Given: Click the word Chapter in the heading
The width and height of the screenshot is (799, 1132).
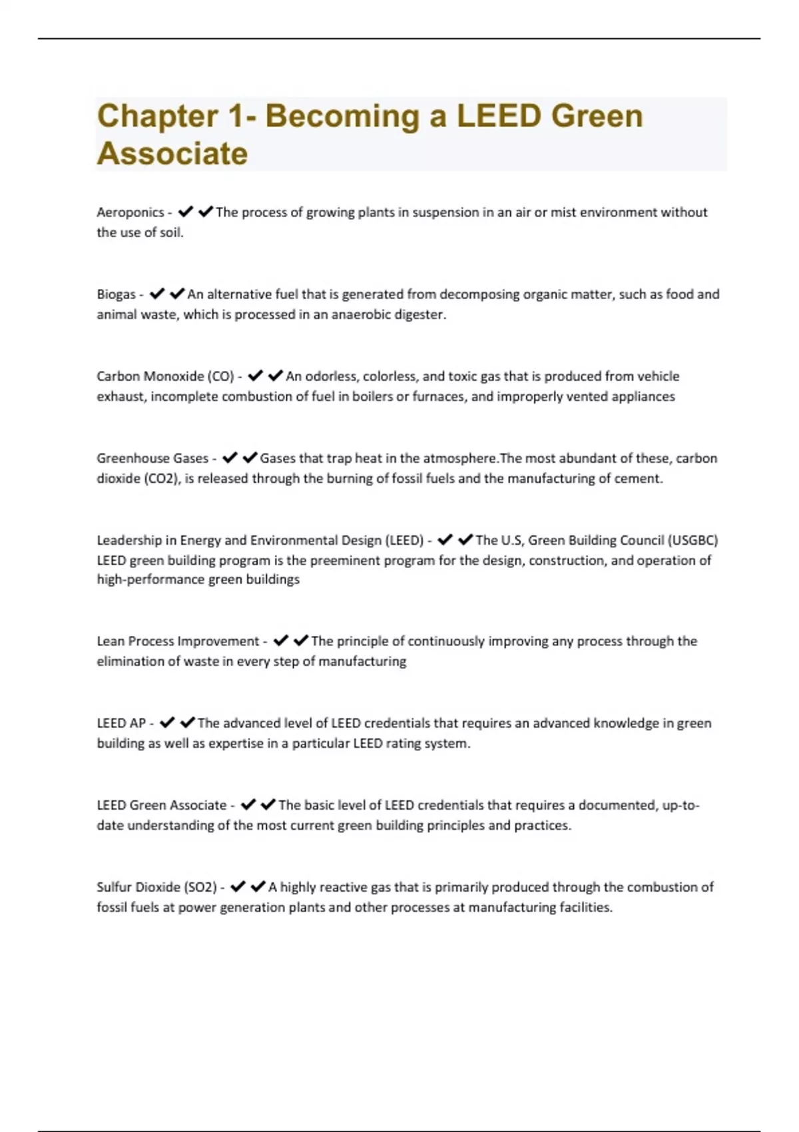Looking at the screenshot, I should coord(157,117).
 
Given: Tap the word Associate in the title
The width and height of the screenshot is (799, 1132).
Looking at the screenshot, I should coord(172,154).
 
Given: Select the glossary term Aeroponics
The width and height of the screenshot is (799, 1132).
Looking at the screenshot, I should coord(130,212).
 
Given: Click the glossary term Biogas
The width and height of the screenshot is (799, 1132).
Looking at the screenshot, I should coord(116,294).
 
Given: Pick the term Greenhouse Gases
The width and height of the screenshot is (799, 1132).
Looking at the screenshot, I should coord(152,458).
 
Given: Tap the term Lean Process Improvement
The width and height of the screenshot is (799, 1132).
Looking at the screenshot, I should coord(178,641).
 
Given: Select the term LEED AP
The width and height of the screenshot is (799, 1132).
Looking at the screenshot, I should coord(121,723).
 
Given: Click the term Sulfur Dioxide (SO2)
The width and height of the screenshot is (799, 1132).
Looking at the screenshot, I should coord(157,887).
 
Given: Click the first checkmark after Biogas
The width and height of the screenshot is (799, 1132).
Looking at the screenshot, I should coord(157,294).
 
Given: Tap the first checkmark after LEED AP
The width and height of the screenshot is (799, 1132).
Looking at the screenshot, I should coord(167,722).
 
